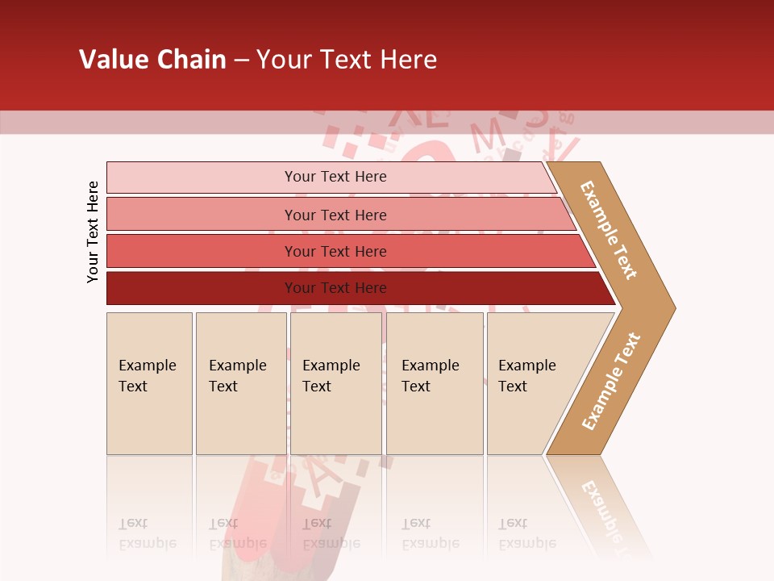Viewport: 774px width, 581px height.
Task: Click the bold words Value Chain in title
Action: (x=152, y=60)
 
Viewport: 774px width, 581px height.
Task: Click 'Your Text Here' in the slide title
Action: (x=347, y=60)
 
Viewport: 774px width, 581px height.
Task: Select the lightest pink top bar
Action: (x=202, y=178)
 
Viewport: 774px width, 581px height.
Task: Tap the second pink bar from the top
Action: (x=202, y=215)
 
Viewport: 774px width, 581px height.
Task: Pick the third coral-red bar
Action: (x=202, y=251)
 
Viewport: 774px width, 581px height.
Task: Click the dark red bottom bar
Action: (x=202, y=288)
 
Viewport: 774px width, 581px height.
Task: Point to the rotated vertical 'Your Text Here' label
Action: (x=93, y=232)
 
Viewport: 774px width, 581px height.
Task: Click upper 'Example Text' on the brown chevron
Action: (x=609, y=230)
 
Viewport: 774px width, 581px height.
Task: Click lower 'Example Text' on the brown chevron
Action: (x=610, y=382)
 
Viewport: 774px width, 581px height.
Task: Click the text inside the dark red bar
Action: (x=335, y=288)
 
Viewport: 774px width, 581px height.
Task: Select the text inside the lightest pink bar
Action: (x=335, y=177)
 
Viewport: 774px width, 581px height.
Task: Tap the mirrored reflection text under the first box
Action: (x=148, y=533)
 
